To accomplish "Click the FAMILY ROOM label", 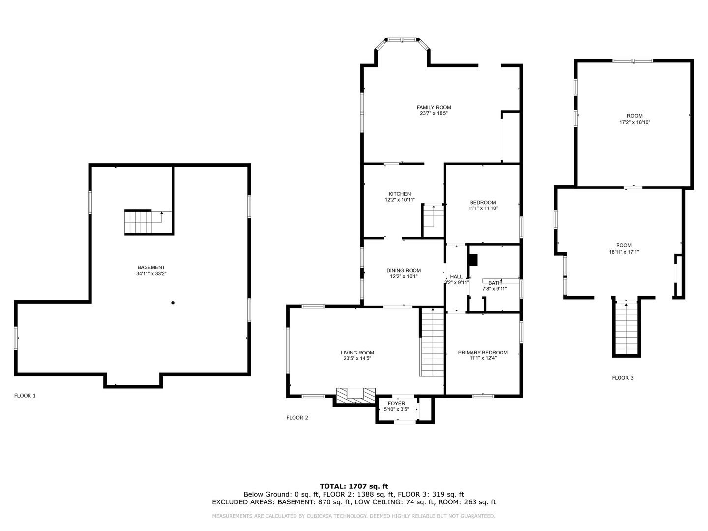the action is coord(434,107).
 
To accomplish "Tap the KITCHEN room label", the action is coord(399,194).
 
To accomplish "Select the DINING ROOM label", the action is coord(404,270).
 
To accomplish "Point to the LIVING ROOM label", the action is coord(357,353).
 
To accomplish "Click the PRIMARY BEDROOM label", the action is coord(482,353).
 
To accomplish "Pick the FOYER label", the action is coord(396,403).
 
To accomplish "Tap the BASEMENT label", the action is coord(151,267).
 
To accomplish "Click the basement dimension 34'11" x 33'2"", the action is coord(151,274).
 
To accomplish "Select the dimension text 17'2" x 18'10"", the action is coord(634,122).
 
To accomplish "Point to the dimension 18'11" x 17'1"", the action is coord(623,252).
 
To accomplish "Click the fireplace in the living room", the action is coord(355,395).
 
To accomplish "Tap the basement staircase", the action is coord(144,222).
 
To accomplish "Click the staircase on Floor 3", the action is coord(626,327).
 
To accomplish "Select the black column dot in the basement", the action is coord(173,303).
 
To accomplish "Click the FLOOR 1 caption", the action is coord(25,396).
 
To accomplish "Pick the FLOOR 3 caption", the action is coord(622,378).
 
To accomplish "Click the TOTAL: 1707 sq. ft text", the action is coord(354,486).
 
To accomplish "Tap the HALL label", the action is coord(456,277).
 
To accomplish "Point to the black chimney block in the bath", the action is coord(473,260).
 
